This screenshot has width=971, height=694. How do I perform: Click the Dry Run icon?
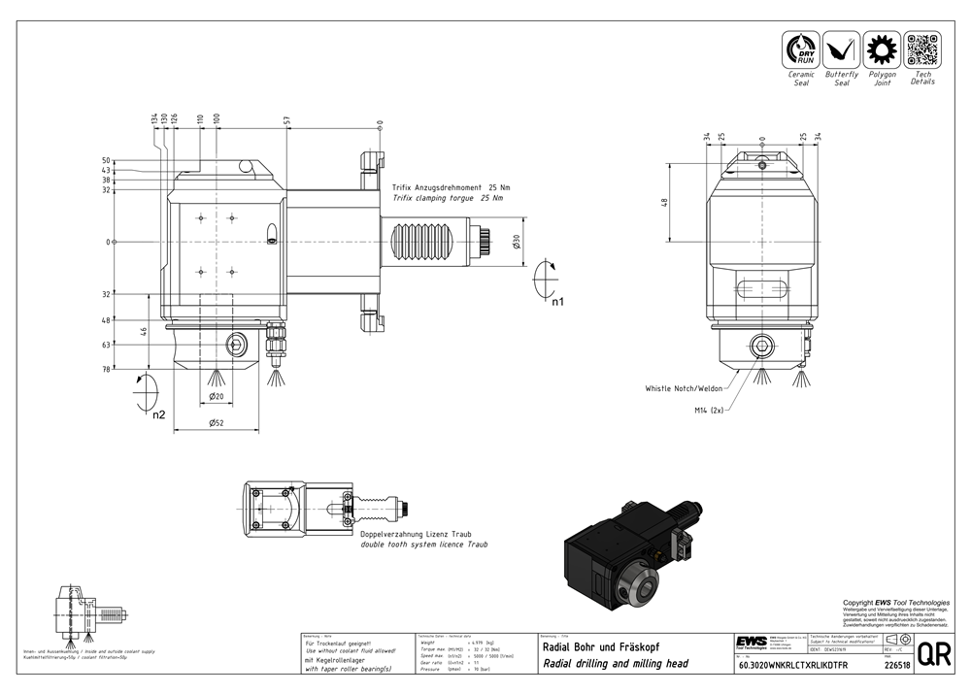802,50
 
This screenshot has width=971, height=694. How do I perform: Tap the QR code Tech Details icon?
922,50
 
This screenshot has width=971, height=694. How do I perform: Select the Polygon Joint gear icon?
882,50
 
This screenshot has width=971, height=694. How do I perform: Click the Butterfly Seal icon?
842,50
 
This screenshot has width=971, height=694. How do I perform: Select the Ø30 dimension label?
517,241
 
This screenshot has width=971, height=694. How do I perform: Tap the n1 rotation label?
557,302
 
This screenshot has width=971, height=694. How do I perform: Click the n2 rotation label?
157,414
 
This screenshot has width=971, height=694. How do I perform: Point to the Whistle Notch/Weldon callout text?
684,388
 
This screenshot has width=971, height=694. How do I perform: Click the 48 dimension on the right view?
665,202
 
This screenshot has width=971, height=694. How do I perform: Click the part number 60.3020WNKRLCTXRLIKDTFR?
792,666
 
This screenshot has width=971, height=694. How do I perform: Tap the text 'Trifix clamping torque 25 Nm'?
448,197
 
